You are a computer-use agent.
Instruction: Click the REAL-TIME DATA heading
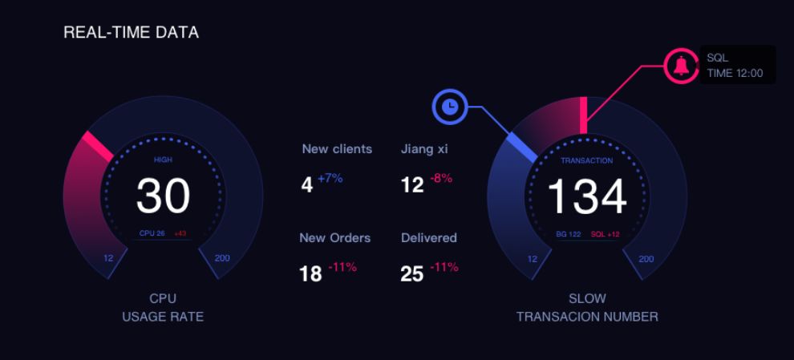(x=131, y=33)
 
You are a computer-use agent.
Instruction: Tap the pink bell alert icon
(x=681, y=65)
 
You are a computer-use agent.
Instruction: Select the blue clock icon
(x=450, y=106)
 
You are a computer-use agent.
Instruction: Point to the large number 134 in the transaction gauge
(x=587, y=197)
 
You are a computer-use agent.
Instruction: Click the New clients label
(x=337, y=149)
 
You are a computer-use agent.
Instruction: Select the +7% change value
(x=330, y=178)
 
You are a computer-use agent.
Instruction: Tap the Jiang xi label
(x=424, y=149)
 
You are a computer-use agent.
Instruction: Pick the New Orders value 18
(x=310, y=274)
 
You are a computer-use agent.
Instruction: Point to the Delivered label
(x=428, y=238)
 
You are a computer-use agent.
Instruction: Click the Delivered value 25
(x=411, y=274)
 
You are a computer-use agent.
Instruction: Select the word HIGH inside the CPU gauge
(x=163, y=160)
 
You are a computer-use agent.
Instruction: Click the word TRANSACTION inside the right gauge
(x=586, y=160)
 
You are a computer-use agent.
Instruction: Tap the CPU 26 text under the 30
(x=152, y=233)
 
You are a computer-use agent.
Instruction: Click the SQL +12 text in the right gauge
(x=605, y=234)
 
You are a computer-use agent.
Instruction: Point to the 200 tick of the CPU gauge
(x=222, y=258)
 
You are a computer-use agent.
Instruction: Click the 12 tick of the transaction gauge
(x=532, y=259)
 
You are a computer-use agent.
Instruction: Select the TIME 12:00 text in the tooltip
(x=735, y=73)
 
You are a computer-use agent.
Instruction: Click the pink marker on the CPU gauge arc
(x=98, y=147)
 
